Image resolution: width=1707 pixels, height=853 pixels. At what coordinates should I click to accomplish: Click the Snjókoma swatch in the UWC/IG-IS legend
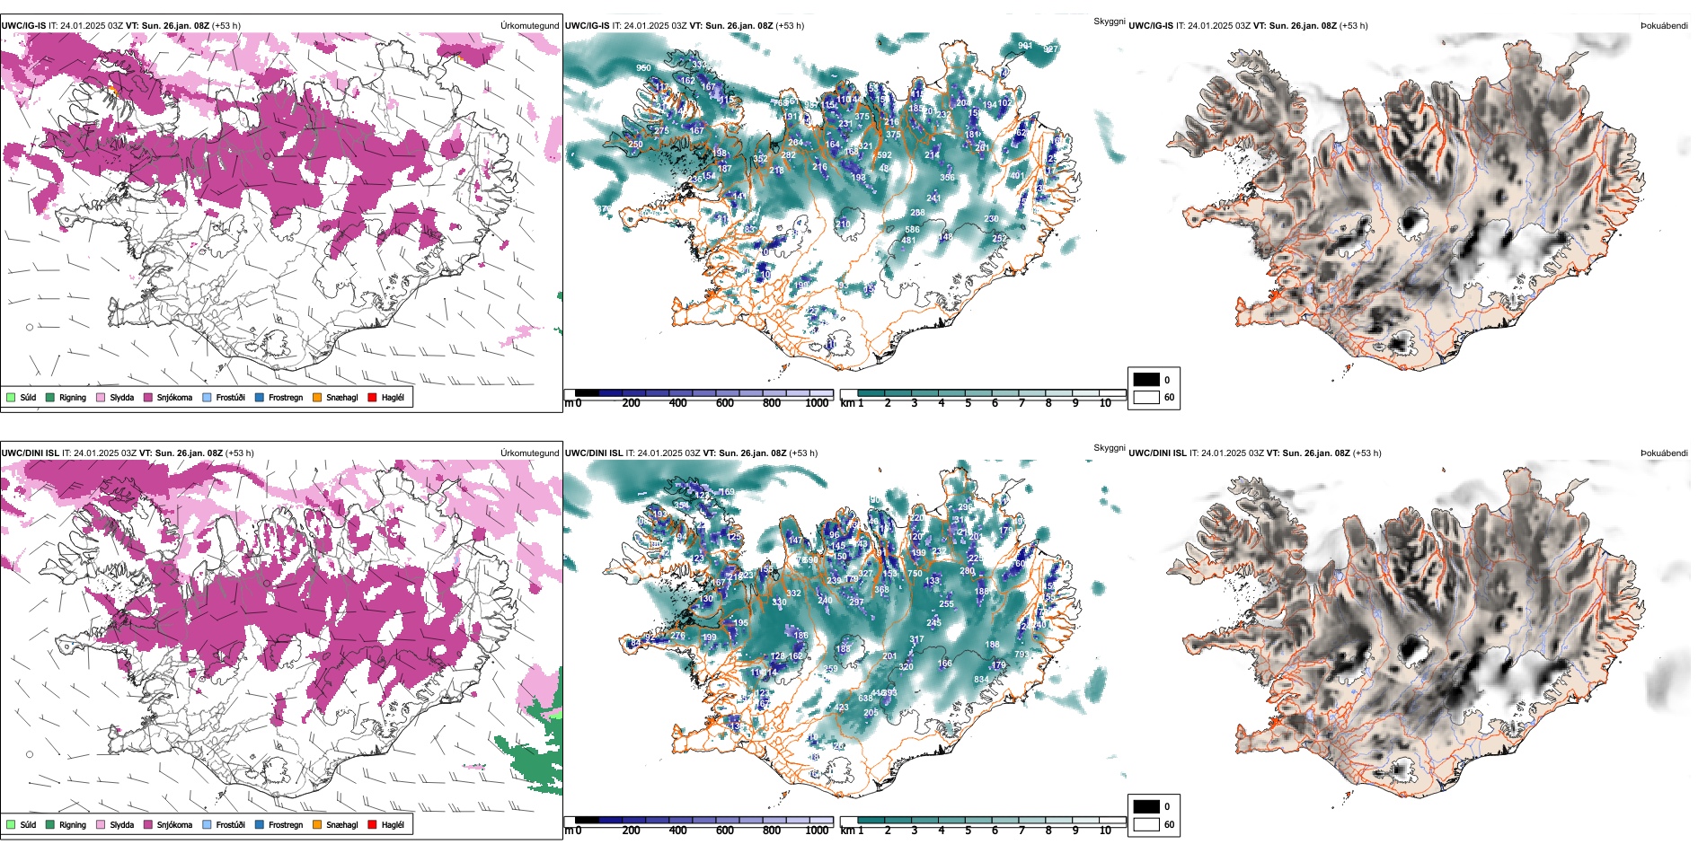[x=148, y=397]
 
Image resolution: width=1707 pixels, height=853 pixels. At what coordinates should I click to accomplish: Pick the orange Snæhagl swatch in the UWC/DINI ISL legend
[x=317, y=824]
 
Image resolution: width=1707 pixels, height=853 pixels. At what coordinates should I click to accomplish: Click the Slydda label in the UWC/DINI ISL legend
[x=121, y=824]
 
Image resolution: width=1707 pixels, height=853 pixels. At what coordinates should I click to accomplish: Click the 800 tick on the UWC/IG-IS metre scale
[x=772, y=403]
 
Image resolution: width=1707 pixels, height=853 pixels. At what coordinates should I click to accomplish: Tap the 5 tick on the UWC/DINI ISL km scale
[x=968, y=831]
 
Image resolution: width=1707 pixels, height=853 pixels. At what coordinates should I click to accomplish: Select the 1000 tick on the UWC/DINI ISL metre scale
[x=817, y=831]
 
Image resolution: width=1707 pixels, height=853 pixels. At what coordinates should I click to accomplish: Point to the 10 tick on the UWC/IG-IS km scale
[x=1105, y=403]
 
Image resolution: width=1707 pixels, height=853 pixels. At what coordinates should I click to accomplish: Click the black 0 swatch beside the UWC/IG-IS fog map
[x=1146, y=380]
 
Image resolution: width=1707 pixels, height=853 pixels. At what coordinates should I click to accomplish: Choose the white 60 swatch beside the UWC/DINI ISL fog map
[x=1146, y=824]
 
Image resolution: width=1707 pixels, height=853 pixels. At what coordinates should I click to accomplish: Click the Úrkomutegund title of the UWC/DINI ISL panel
[x=529, y=453]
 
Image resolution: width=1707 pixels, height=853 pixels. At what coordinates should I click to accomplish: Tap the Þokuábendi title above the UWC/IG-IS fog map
[x=1664, y=25]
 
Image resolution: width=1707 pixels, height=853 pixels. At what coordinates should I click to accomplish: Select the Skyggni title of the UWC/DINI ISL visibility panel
[x=1109, y=447]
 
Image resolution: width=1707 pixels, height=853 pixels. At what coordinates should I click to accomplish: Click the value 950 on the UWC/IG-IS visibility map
[x=643, y=68]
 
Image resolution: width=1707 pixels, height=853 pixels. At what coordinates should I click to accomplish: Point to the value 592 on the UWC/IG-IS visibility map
[x=884, y=155]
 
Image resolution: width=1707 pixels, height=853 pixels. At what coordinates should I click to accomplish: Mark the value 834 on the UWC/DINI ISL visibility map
[x=981, y=680]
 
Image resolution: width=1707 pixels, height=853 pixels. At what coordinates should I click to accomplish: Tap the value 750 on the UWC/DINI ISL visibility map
[x=915, y=574]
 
